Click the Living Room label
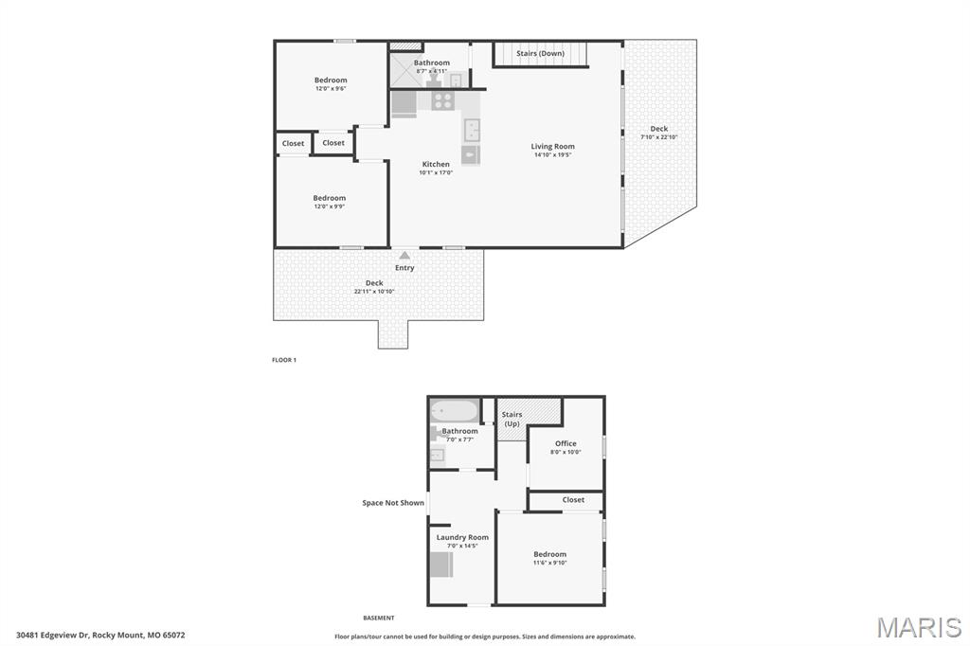coord(552,146)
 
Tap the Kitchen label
coord(436,164)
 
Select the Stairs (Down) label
coord(540,53)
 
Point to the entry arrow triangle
coord(404,255)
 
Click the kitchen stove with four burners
coord(442,99)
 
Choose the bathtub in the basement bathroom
coord(455,411)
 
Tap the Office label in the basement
coord(566,443)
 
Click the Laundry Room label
coord(462,537)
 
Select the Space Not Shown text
coord(393,503)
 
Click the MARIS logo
coord(919,627)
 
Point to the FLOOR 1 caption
coord(284,360)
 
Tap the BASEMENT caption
coord(379,618)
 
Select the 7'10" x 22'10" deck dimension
coord(659,137)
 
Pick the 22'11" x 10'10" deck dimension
coord(374,292)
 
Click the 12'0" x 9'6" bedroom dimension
coord(331,88)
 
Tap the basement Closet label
coord(573,499)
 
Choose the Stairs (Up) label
coord(512,419)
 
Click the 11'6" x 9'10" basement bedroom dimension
coord(549,563)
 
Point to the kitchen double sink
coord(471,129)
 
